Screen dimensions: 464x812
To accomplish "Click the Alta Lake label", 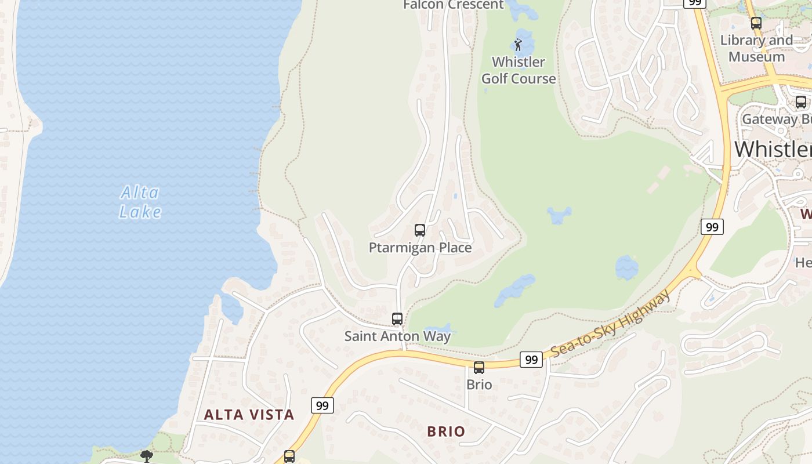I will [140, 202].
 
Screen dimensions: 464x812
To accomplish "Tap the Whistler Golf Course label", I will [519, 70].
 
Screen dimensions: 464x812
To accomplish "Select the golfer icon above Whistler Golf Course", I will [518, 45].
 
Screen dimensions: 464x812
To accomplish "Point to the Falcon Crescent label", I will [454, 5].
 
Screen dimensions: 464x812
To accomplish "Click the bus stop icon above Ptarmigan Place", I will [420, 230].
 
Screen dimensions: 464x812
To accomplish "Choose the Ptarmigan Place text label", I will [420, 248].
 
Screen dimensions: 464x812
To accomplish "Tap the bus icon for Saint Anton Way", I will [397, 319].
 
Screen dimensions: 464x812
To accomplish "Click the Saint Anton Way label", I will [397, 336].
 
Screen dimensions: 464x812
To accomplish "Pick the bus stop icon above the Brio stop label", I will [479, 368].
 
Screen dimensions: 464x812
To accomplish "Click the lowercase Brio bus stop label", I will [479, 385].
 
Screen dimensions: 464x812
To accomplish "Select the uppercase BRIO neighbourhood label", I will [446, 432].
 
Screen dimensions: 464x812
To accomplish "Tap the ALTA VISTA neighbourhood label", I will [249, 415].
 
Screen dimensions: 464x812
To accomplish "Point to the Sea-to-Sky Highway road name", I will [611, 324].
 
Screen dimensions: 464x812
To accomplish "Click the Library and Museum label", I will [756, 49].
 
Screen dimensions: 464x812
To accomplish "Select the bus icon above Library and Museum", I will [756, 23].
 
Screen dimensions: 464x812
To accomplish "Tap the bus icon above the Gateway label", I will [801, 102].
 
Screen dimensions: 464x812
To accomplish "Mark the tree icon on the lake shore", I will [147, 456].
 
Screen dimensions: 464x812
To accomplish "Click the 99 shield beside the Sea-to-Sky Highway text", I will [531, 360].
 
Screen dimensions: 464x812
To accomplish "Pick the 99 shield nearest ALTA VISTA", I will [322, 405].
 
